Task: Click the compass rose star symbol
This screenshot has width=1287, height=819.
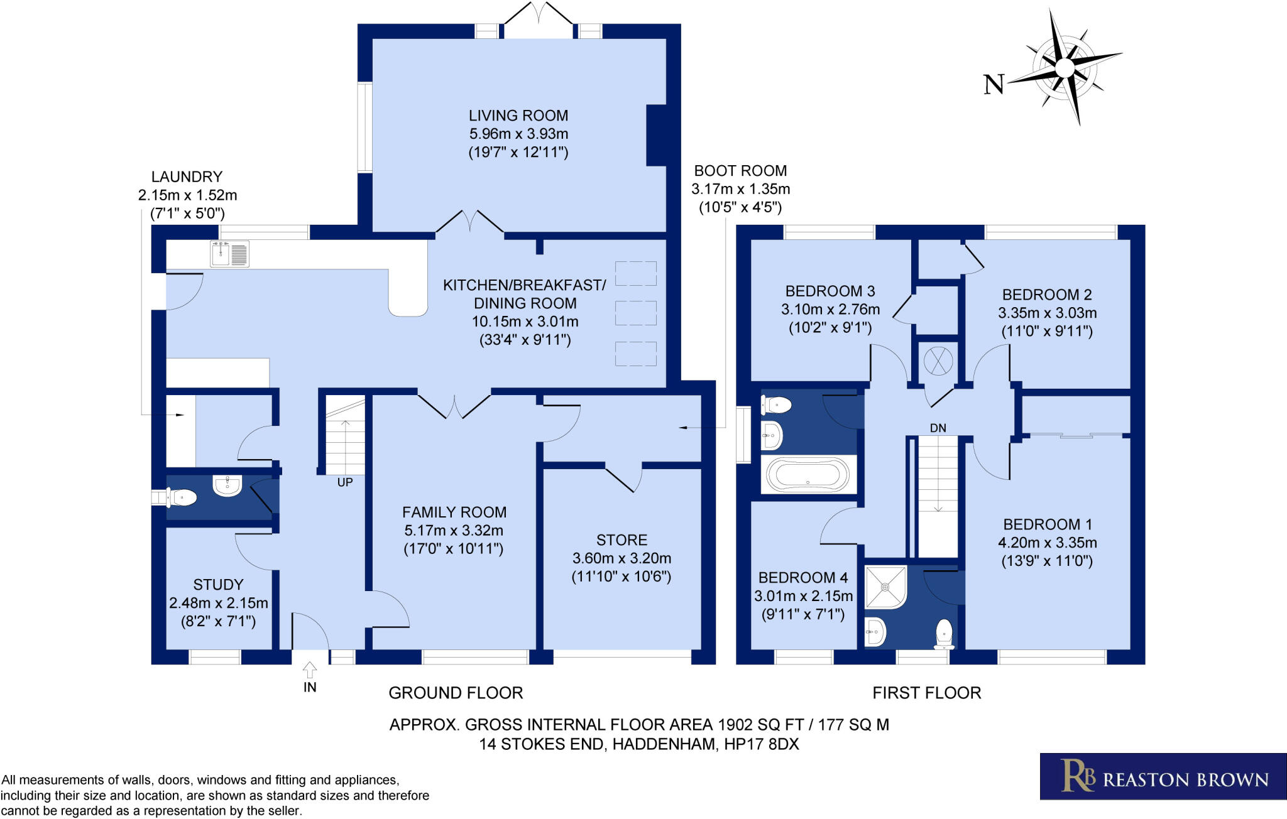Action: [x=1065, y=68]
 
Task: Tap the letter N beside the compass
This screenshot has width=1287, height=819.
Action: [x=994, y=84]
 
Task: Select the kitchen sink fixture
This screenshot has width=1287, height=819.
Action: [x=229, y=254]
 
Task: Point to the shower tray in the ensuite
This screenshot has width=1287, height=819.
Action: [x=885, y=587]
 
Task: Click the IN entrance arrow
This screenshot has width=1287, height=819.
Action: [x=310, y=670]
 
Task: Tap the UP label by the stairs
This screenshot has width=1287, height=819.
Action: [x=345, y=482]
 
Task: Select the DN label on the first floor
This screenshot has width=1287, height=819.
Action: [x=938, y=428]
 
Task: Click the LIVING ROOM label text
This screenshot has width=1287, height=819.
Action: [x=518, y=116]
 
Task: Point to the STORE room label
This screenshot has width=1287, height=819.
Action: [x=622, y=540]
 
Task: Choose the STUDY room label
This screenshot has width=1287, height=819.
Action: [x=218, y=585]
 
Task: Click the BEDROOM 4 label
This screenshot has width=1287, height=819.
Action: [x=802, y=578]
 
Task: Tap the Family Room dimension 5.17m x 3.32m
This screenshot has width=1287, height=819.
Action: [x=454, y=531]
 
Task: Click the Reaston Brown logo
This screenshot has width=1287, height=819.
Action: [x=1163, y=776]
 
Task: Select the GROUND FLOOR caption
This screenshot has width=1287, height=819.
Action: [x=456, y=693]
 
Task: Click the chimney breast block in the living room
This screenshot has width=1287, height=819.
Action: [x=657, y=136]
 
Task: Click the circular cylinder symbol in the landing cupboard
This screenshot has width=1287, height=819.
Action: [x=938, y=362]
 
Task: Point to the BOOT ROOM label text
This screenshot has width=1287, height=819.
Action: [x=740, y=171]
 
